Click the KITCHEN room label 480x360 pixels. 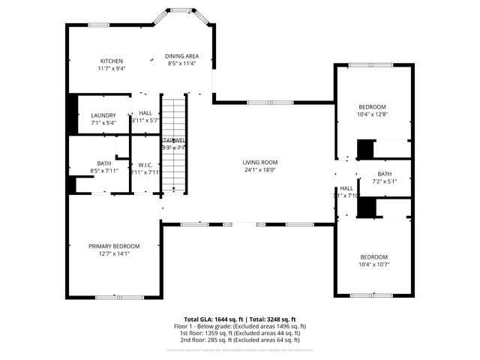tap(112, 61)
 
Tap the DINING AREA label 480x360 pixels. tap(181, 56)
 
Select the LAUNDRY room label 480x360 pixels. tap(103, 115)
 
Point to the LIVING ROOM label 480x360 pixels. tap(259, 162)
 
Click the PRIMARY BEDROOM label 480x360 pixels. tap(114, 246)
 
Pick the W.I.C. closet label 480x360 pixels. tap(145, 165)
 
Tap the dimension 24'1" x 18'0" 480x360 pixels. tap(259, 169)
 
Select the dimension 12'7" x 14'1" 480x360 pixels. tap(114, 253)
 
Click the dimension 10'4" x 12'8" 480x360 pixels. tap(373, 115)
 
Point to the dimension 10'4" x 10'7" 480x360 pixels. tap(373, 263)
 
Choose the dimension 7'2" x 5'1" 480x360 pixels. tap(385, 181)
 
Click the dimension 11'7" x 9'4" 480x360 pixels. tap(112, 68)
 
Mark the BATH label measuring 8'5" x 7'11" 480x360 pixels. tap(103, 163)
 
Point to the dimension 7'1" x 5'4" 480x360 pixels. tap(103, 122)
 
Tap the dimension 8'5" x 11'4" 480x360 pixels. tap(181, 64)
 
